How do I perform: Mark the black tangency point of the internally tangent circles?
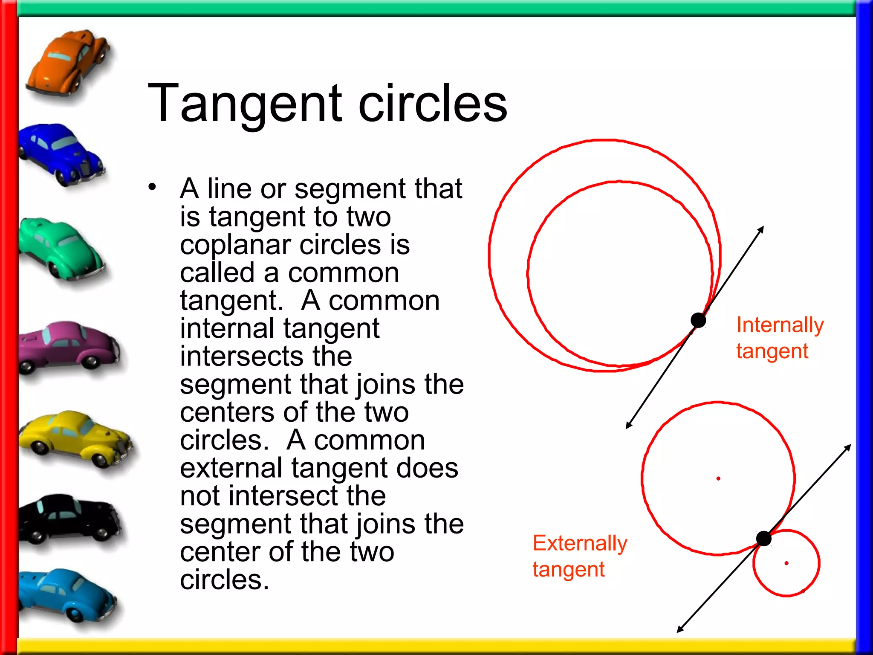click(698, 320)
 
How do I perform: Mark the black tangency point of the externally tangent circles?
click(763, 539)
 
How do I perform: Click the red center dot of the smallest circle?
click(786, 563)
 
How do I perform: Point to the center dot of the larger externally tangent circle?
click(718, 479)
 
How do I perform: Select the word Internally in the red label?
click(780, 325)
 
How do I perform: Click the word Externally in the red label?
click(580, 544)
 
